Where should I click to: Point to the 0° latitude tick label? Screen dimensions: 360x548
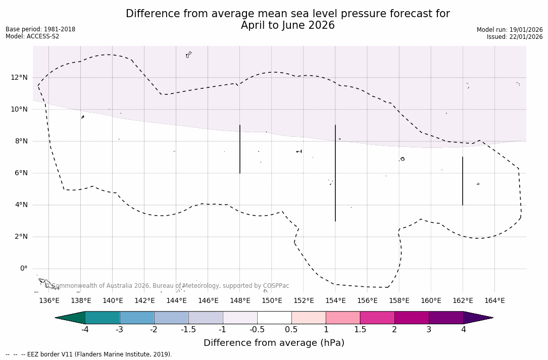tap(23, 269)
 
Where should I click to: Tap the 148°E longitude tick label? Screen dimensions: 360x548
tap(240, 300)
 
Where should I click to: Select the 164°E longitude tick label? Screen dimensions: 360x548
tap(494, 300)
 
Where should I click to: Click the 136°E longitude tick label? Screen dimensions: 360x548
tap(49, 300)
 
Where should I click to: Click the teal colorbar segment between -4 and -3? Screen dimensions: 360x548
tap(103, 318)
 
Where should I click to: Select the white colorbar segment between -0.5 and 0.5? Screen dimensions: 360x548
tap(274, 318)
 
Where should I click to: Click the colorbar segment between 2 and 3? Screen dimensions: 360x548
tap(412, 318)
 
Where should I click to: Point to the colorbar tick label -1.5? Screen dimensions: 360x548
tap(188, 330)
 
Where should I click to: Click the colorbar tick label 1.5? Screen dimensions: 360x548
tap(360, 330)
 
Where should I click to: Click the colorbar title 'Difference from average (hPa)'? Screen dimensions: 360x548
tap(274, 343)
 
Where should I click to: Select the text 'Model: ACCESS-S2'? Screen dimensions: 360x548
tap(32, 36)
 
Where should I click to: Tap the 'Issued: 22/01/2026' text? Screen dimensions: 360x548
tap(515, 37)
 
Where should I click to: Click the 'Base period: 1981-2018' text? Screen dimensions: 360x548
tap(40, 29)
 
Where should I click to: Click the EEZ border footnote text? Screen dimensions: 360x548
tap(88, 354)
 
